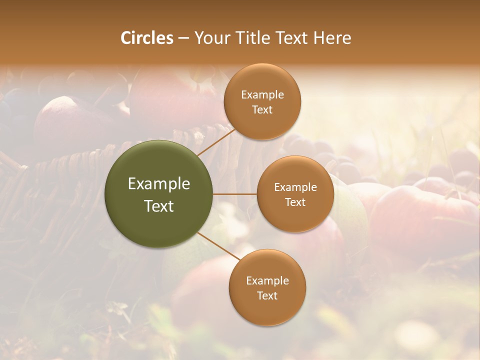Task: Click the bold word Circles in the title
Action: pos(147,38)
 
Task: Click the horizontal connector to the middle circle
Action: pos(235,194)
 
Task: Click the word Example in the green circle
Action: pos(159,184)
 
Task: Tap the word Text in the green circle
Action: pos(159,206)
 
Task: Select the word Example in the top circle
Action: pos(262,95)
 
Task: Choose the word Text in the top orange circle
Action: pos(262,110)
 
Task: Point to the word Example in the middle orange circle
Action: pos(295,187)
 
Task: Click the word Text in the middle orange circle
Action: pos(295,202)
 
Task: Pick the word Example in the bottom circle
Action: pos(267,281)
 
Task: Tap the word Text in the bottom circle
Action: pos(267,296)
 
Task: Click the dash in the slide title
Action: pos(183,38)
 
